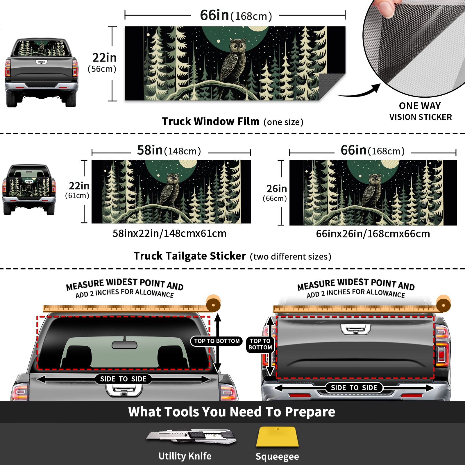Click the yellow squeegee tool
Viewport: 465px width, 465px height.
[277, 437]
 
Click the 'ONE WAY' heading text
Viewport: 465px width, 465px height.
[420, 106]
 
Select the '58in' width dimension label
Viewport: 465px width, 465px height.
[150, 150]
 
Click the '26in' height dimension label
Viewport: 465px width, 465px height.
[277, 189]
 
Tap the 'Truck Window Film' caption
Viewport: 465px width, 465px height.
[211, 121]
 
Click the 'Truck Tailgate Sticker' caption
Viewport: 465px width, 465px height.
[190, 256]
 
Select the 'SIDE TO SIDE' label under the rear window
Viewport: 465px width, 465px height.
[123, 379]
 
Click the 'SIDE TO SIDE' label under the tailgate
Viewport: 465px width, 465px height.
[354, 388]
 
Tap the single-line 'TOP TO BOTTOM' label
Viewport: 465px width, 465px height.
[217, 341]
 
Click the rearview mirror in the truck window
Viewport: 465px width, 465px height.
[124, 345]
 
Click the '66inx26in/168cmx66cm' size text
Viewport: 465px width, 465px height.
[373, 234]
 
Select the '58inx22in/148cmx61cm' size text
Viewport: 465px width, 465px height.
[169, 233]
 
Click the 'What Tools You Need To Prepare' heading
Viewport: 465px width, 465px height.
[232, 412]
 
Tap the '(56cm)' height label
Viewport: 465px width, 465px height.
[102, 69]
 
